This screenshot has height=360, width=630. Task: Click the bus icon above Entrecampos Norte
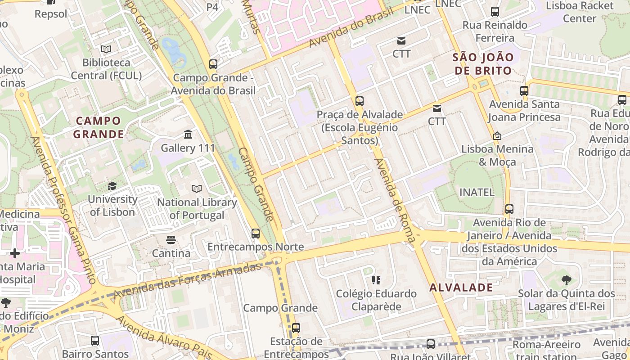point(256,233)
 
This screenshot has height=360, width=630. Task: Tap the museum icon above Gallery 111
point(188,134)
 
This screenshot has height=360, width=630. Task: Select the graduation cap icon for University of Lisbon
point(112,186)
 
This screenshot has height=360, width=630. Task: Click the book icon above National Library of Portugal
point(197,189)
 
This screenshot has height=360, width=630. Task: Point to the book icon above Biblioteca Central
point(106,49)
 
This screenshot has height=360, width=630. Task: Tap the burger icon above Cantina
point(171,240)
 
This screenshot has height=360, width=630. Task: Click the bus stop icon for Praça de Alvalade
point(359,101)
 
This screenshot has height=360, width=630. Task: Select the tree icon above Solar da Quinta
point(567,280)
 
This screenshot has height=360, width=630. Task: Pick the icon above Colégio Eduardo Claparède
point(377,281)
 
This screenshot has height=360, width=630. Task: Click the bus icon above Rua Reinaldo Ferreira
point(495,12)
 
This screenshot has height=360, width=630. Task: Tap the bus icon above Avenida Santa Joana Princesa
point(524,91)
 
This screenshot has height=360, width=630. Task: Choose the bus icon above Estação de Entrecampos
point(296,328)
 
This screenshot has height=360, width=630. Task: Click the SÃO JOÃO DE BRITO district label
point(483,64)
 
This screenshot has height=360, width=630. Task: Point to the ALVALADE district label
point(461,288)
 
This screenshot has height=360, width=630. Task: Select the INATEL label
point(477,192)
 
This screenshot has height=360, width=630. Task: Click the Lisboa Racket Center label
point(580,12)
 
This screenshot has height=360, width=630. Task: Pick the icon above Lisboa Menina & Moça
point(497,135)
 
